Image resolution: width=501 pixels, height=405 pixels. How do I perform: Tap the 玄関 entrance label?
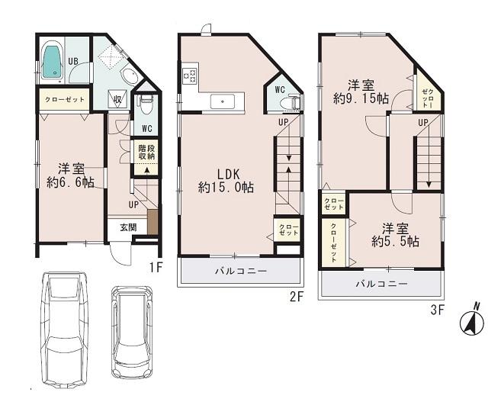pos(128,227)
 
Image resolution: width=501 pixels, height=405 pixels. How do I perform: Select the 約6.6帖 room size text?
pos(70,182)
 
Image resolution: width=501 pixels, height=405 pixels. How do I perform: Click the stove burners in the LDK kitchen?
pos(189,77)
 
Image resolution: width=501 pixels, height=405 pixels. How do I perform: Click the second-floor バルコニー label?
pos(239,271)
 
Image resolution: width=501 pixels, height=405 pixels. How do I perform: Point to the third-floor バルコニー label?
pos(381,283)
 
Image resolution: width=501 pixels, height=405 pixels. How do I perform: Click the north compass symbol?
pos(473,323)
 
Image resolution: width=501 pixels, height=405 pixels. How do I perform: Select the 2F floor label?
pos(297,297)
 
